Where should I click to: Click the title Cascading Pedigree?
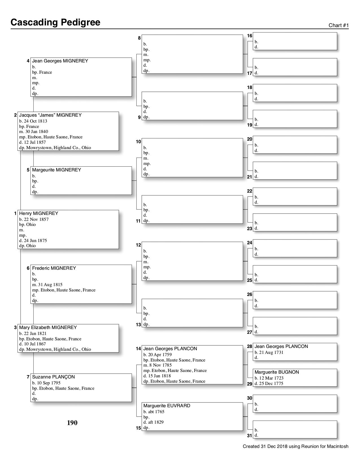55,22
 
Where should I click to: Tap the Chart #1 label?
339,25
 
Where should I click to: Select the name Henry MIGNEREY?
39,214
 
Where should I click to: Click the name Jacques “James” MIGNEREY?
50,115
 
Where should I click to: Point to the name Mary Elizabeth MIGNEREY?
48,328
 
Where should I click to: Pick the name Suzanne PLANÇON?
53,377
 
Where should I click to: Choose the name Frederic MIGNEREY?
54,268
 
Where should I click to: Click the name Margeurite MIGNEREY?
56,170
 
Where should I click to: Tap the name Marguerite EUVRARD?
167,406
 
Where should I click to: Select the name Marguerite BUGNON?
277,372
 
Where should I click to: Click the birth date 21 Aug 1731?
271,352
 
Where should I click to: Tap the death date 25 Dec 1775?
271,384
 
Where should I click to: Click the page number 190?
72,423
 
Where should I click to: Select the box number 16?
250,36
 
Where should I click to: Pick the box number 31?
250,435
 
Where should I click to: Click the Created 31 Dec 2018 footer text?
295,447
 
